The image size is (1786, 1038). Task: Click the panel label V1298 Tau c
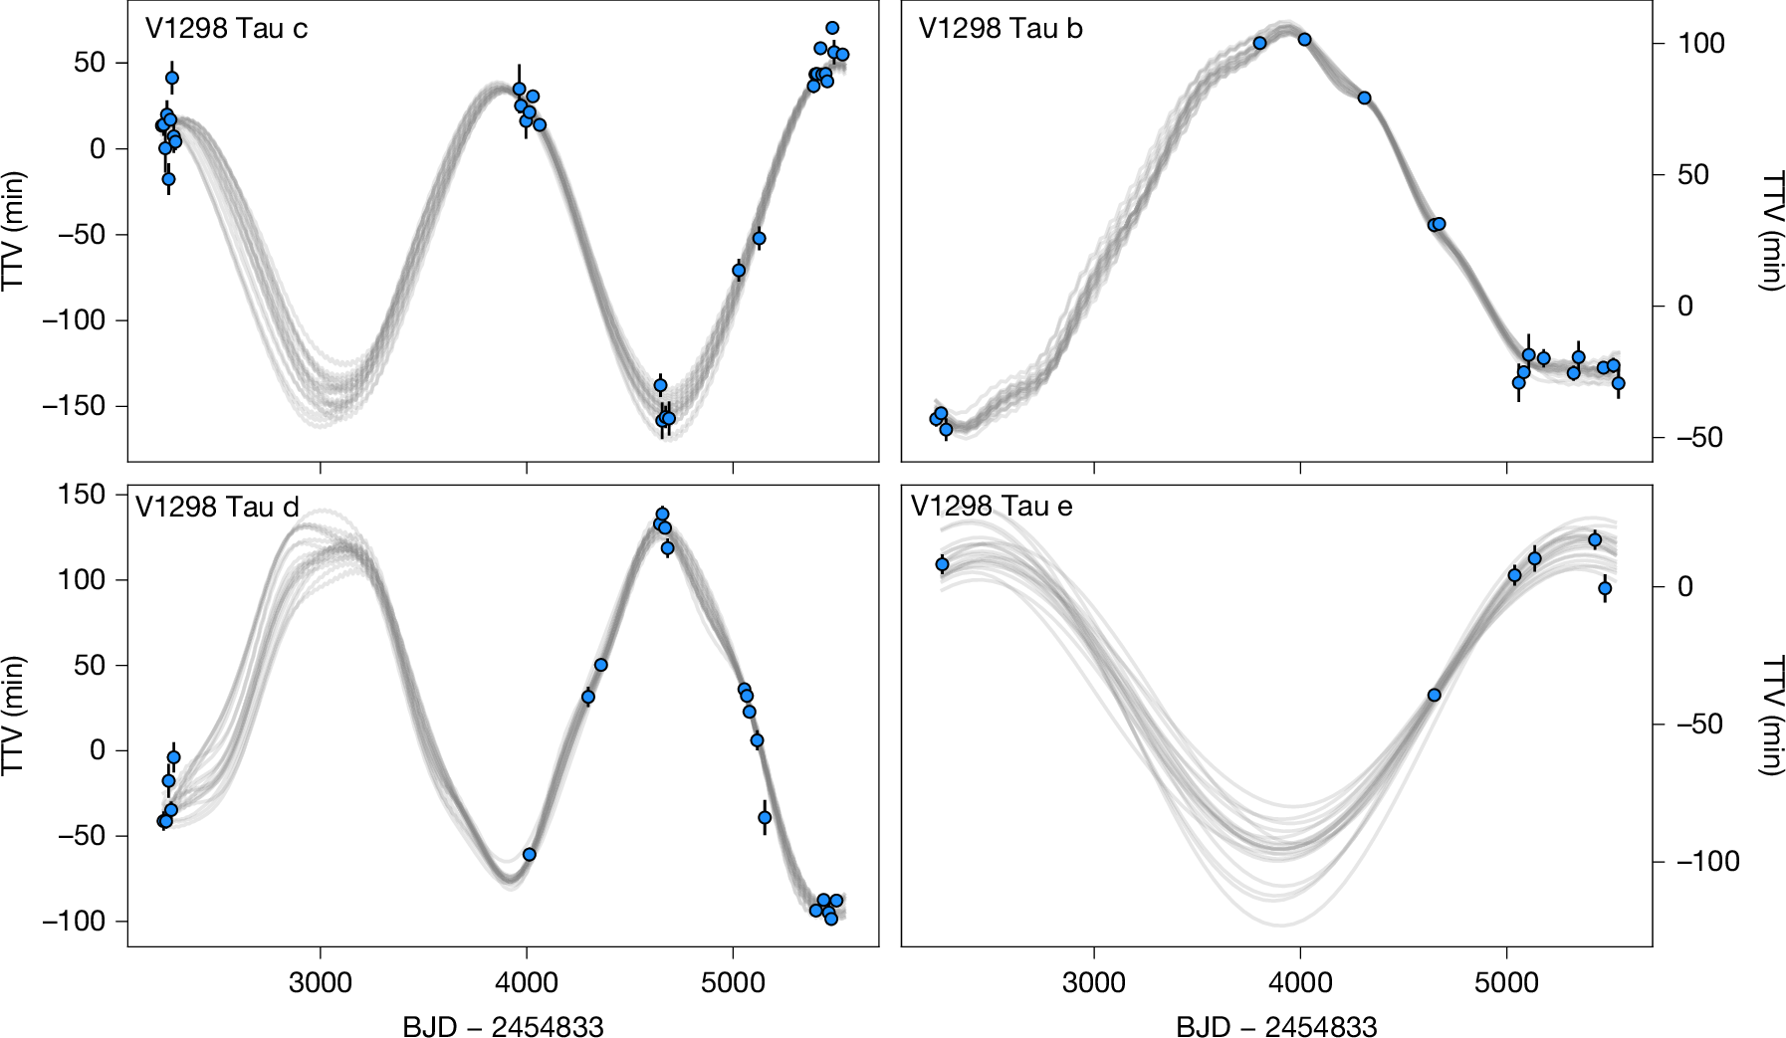click(x=226, y=29)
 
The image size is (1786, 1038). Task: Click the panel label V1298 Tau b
click(x=1000, y=29)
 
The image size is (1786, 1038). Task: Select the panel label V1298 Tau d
click(x=217, y=508)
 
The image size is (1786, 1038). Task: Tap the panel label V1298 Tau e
click(x=992, y=507)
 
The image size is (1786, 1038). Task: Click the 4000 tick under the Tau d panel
click(x=527, y=983)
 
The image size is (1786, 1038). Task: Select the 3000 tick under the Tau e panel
click(x=1093, y=983)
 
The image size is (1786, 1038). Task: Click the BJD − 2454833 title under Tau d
click(x=503, y=1025)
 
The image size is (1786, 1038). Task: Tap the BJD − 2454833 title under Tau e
click(x=1276, y=1025)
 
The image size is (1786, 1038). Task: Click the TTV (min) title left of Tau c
click(x=14, y=231)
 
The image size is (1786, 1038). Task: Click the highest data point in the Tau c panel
click(x=832, y=28)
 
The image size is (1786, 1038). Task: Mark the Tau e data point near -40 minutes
click(x=1434, y=695)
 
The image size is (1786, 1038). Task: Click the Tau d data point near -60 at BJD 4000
click(x=530, y=854)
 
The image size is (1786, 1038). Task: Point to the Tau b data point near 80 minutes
click(x=1364, y=98)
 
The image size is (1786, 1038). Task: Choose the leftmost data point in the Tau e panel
click(x=943, y=564)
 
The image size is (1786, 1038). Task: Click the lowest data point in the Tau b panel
click(x=946, y=430)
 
